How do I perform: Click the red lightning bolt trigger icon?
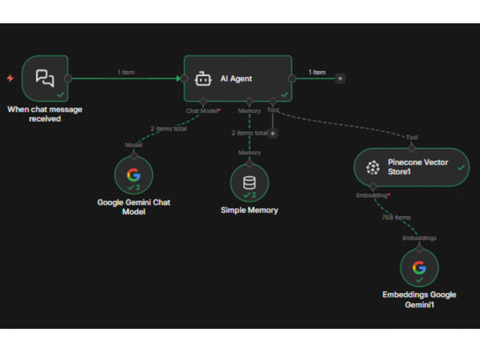click(10, 78)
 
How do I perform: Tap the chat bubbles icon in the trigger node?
click(45, 78)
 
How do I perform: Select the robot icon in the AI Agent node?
click(203, 79)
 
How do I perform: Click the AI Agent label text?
click(236, 79)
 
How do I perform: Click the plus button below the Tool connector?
click(273, 133)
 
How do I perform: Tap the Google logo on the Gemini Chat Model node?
click(134, 175)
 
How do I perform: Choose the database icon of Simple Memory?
click(249, 182)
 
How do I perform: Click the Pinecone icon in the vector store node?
click(373, 168)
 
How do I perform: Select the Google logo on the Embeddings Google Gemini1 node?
click(419, 267)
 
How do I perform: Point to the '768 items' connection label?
click(396, 217)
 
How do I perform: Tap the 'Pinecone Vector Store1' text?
click(418, 167)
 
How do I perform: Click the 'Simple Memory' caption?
click(250, 210)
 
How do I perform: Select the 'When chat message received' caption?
click(45, 114)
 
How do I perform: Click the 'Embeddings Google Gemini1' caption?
click(419, 300)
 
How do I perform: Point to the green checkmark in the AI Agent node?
click(285, 95)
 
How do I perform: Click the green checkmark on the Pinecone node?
click(461, 168)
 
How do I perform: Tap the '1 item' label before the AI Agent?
click(126, 72)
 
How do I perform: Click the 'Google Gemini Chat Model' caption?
click(134, 207)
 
